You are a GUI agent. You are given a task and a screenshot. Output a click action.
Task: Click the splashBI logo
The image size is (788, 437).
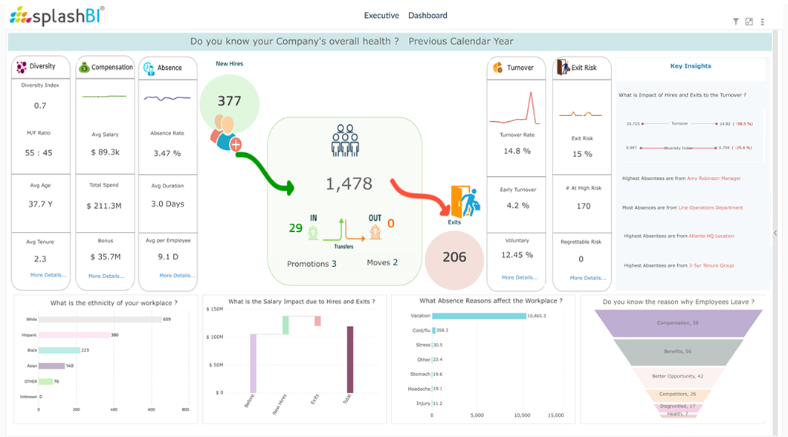coord(57,15)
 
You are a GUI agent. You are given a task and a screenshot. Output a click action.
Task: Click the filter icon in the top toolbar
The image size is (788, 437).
coord(736,22)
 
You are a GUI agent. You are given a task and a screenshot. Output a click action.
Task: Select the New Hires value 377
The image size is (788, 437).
coord(229,101)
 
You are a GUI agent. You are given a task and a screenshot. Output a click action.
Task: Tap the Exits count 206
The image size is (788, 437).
coord(454,257)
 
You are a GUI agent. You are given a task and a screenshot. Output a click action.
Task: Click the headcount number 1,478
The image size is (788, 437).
coord(349,184)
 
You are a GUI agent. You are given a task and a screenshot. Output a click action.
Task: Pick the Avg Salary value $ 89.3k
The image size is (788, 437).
coord(106,152)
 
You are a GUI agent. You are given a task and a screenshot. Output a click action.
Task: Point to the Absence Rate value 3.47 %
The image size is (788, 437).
coord(167,153)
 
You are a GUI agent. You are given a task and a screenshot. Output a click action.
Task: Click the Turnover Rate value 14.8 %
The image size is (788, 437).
coord(517,151)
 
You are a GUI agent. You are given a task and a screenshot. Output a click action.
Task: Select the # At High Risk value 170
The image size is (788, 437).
coord(584,206)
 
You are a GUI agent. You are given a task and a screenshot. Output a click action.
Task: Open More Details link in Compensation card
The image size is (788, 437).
coord(106,276)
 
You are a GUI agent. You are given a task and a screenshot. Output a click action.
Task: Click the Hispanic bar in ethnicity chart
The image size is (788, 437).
coord(73,335)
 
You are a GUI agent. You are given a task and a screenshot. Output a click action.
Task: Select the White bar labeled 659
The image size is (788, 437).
coord(100,320)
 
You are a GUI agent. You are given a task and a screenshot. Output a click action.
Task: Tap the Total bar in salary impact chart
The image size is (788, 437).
coord(349,359)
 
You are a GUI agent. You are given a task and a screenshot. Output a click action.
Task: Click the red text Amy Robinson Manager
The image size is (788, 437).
coord(714,178)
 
